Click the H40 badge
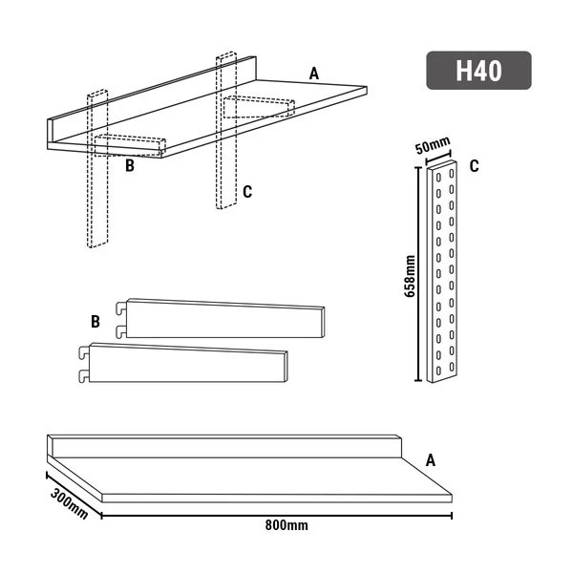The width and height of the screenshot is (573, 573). (478, 71)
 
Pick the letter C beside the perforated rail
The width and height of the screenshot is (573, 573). (475, 165)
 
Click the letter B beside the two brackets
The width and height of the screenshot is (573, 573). (95, 322)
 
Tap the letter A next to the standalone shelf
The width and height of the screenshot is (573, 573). (430, 460)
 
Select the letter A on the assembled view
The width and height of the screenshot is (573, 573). (314, 73)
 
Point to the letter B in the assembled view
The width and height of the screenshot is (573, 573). (129, 164)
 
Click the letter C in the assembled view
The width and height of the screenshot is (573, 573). (246, 192)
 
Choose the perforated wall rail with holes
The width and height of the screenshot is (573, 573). (444, 272)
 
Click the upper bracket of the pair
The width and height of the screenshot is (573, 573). (224, 319)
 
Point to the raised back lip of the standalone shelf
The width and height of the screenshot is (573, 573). (224, 446)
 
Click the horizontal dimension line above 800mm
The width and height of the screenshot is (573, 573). (277, 516)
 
